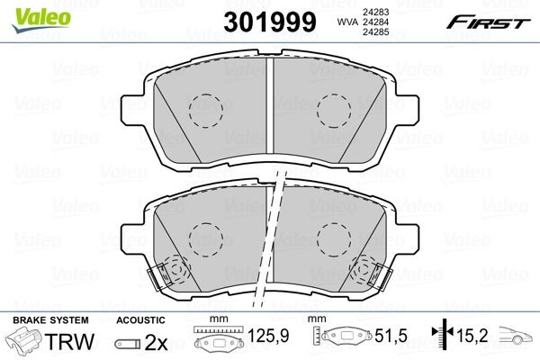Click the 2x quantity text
click(157, 342)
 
